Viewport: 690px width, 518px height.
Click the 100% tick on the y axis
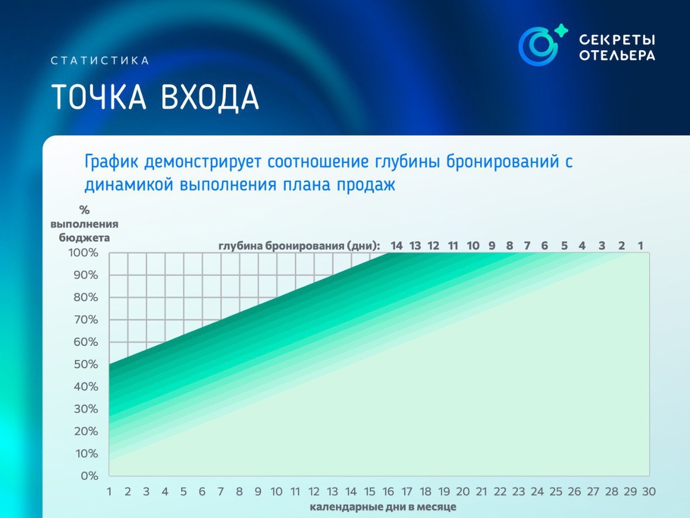tap(83, 253)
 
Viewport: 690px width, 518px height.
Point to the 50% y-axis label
tap(86, 364)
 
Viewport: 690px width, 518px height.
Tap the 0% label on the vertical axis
tap(90, 476)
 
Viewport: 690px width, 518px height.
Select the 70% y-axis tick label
tap(86, 319)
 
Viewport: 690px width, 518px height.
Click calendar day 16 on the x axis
tap(388, 492)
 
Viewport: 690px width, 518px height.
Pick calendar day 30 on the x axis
tap(649, 492)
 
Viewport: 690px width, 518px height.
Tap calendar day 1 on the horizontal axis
tap(109, 492)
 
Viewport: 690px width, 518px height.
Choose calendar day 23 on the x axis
tap(519, 492)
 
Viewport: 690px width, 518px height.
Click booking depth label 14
tap(396, 246)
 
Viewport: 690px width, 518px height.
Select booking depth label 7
tap(527, 246)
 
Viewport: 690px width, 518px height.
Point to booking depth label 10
tap(473, 246)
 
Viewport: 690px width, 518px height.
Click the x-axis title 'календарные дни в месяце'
tap(383, 507)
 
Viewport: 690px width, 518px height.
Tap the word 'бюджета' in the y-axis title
tap(85, 238)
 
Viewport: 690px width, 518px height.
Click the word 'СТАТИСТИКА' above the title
tap(100, 60)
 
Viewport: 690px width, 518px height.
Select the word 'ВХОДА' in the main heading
tap(210, 97)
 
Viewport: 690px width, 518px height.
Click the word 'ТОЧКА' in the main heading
tap(99, 97)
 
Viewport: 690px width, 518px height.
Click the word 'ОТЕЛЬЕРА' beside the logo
tap(618, 55)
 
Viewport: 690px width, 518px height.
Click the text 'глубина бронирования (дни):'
tap(299, 246)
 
